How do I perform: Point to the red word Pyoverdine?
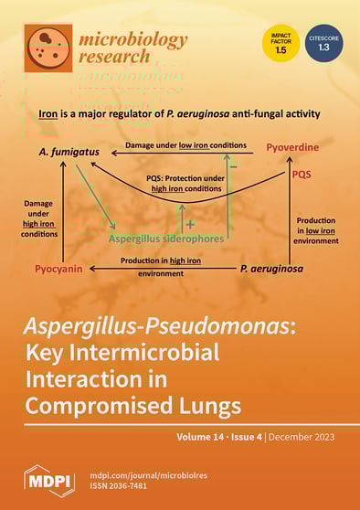[x=292, y=146]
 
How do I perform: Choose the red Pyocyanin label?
[x=60, y=269]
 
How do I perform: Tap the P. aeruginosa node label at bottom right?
[x=272, y=269]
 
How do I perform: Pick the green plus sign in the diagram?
[x=190, y=222]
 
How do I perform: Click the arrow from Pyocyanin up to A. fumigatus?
[x=61, y=209]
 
